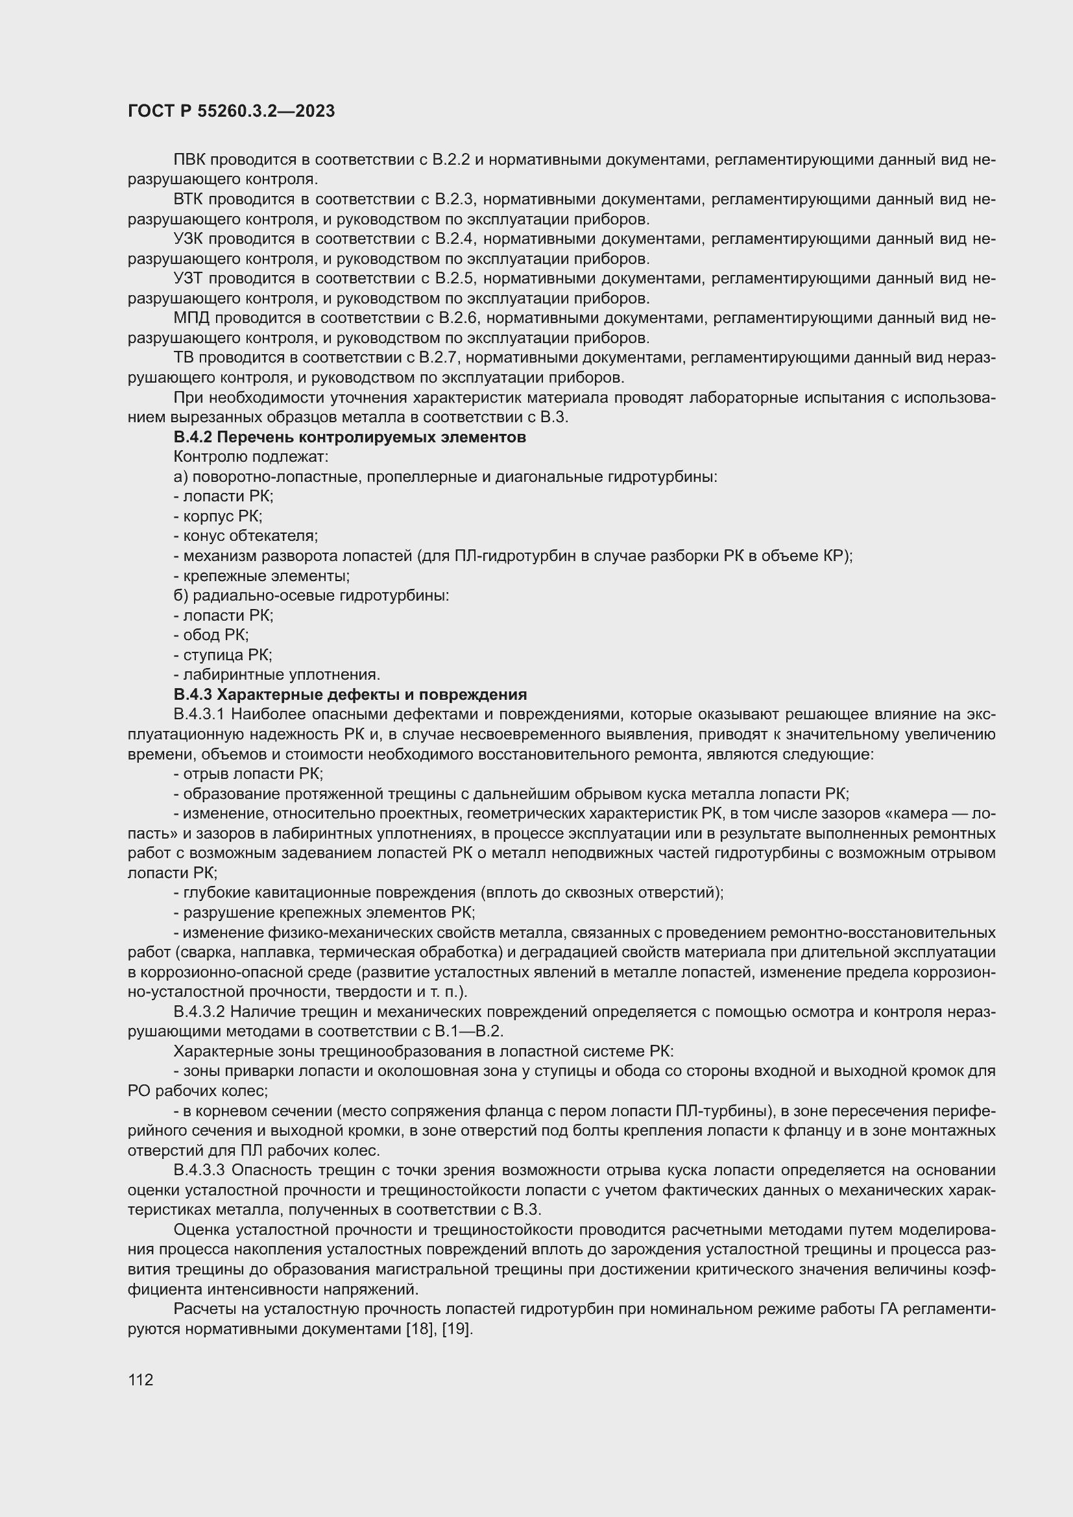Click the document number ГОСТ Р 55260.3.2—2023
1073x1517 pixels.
coord(231,111)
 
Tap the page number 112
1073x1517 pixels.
coord(141,1380)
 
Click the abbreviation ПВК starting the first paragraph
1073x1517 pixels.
coord(189,160)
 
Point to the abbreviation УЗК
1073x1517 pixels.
coord(189,239)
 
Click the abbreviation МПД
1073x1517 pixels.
coord(191,318)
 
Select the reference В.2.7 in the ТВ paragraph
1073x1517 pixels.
coord(434,358)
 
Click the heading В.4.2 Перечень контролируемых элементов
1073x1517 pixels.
coord(350,437)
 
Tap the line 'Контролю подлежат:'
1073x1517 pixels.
coord(250,457)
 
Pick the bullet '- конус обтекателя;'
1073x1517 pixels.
coord(246,536)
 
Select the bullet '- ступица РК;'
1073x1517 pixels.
coord(223,655)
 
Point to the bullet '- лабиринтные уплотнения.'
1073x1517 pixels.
coord(277,675)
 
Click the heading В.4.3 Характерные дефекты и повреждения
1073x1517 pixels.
coord(350,695)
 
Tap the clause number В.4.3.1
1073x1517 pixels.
coord(199,714)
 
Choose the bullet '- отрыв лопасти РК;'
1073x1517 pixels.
coord(248,774)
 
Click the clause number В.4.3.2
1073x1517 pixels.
coord(200,1012)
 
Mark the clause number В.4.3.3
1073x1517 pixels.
coord(200,1170)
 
